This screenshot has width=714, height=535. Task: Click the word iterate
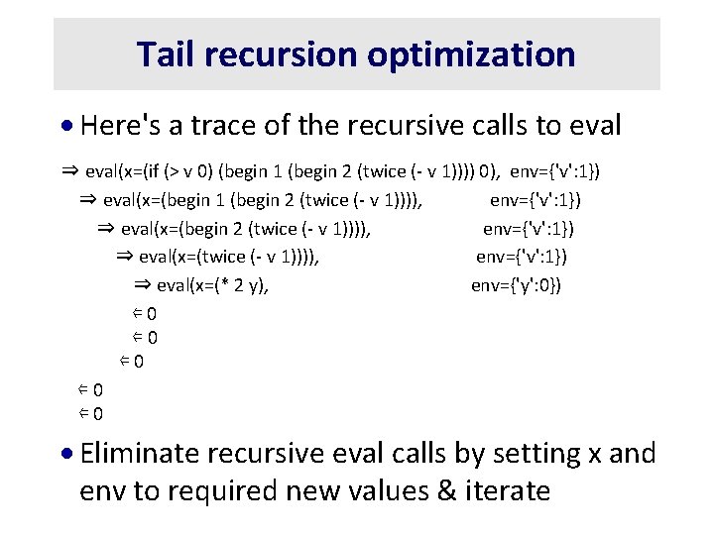[x=504, y=489]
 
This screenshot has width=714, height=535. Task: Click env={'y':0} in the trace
[x=516, y=286]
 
